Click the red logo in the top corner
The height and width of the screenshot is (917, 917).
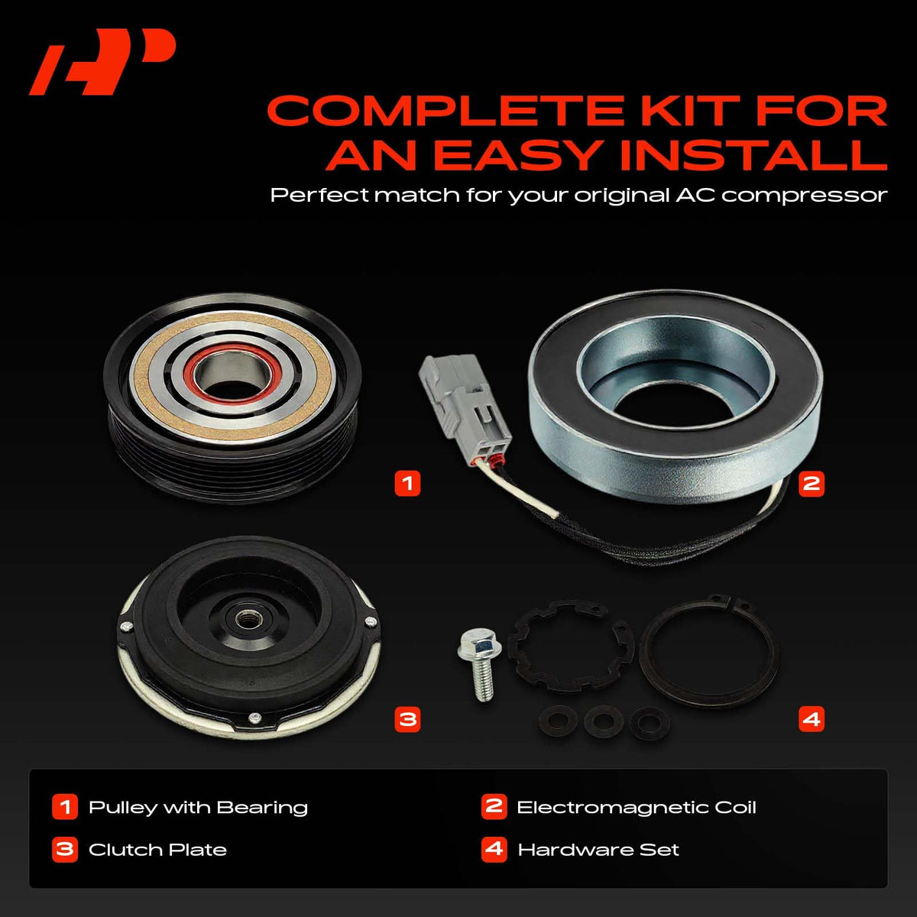[102, 62]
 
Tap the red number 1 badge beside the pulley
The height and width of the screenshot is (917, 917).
[407, 484]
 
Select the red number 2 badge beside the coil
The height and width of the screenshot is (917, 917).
[812, 484]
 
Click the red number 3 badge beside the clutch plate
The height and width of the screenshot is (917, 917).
[407, 719]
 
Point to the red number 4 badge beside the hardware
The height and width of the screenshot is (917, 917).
[812, 719]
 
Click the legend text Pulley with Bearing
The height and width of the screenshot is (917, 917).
[198, 808]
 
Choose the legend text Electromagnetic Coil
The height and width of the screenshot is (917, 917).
[637, 808]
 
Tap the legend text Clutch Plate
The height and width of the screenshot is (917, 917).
[157, 850]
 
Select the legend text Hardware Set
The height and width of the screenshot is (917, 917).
[598, 850]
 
